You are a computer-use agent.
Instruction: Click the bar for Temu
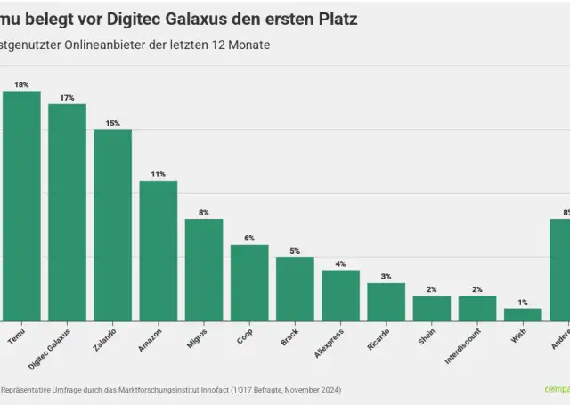(x=21, y=206)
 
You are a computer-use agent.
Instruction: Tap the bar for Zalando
(x=112, y=225)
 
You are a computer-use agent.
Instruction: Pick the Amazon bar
(x=159, y=250)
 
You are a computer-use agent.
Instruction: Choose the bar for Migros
(x=204, y=270)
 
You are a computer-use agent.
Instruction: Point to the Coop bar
(x=249, y=282)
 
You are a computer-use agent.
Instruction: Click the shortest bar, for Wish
(x=523, y=314)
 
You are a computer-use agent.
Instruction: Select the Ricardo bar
(x=386, y=302)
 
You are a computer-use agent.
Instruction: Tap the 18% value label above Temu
(x=21, y=85)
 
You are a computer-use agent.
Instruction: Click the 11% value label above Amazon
(x=159, y=174)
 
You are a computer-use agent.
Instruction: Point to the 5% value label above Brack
(x=295, y=251)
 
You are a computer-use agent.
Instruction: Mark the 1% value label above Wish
(x=523, y=303)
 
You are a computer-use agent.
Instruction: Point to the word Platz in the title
(x=336, y=18)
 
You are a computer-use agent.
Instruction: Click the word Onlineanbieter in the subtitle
(x=108, y=45)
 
